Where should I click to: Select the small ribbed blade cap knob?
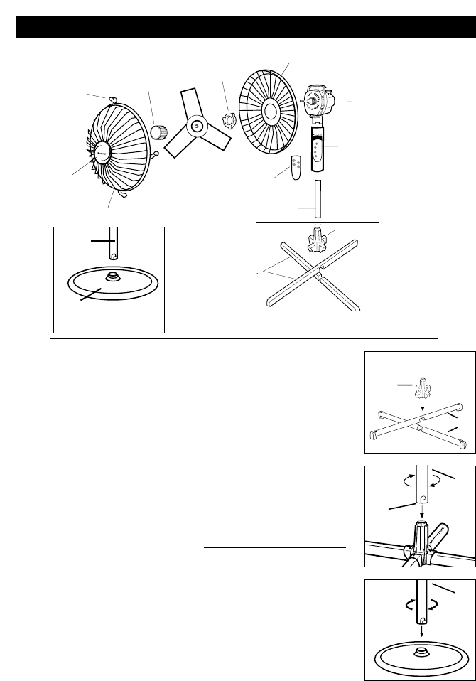coord(159,132)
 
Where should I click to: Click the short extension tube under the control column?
coord(318,198)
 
